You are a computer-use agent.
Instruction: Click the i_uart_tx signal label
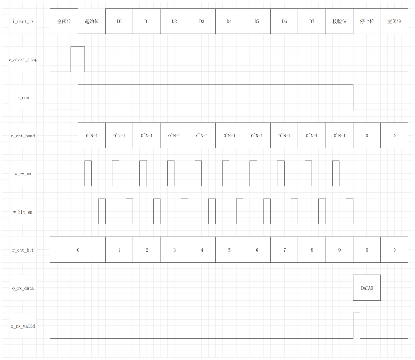[22, 21]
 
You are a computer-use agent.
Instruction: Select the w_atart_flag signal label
[22, 60]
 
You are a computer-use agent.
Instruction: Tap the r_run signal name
[22, 97]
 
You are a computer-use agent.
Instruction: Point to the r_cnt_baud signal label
[22, 136]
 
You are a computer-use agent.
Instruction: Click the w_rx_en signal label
[22, 174]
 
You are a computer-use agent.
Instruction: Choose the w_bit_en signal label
[22, 212]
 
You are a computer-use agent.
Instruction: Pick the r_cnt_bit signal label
[22, 250]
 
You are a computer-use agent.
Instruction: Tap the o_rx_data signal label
[22, 288]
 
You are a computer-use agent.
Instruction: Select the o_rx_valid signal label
[22, 326]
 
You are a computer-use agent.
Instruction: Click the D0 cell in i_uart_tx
[119, 21]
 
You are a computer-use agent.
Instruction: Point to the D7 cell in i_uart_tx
[312, 21]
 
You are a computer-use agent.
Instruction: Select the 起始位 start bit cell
[91, 21]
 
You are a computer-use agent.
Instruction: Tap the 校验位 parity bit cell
[339, 21]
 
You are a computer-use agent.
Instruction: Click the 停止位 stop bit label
[367, 21]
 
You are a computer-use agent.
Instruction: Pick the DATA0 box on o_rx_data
[366, 288]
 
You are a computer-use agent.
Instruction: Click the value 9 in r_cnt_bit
[339, 250]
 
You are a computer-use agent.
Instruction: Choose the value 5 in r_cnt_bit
[229, 250]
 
